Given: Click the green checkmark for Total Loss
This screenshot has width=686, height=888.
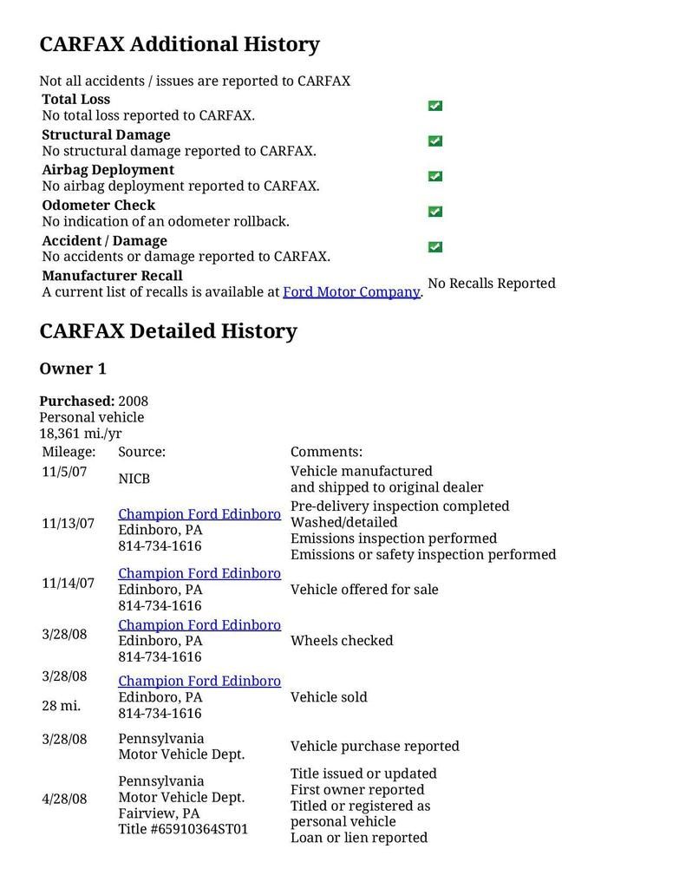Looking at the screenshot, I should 434,106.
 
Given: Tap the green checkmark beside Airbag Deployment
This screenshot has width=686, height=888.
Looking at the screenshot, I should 434,176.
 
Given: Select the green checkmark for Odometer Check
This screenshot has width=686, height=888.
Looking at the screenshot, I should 434,212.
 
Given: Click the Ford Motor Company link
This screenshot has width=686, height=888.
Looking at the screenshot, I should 351,292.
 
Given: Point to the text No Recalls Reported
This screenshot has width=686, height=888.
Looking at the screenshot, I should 491,284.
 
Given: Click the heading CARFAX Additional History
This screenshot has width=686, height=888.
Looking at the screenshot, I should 180,44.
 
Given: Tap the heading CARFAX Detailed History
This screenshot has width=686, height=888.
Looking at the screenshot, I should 168,331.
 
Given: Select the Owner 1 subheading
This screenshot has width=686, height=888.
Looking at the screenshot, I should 73,369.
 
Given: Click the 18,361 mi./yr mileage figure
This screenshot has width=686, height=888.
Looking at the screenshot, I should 81,434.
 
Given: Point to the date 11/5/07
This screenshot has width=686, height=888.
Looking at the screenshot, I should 64,472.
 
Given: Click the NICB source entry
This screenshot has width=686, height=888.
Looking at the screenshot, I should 134,479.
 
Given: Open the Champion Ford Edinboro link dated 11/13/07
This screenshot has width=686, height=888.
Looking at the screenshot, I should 199,514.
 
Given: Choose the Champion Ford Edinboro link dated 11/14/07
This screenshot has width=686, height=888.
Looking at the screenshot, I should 199,573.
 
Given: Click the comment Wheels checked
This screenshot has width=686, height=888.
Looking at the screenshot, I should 342,641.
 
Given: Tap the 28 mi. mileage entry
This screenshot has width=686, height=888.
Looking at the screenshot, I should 61,706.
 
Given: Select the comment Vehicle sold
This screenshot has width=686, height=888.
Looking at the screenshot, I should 329,697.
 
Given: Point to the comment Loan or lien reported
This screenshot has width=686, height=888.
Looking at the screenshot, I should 358,838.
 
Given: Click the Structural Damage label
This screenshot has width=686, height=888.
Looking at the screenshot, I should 106,135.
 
